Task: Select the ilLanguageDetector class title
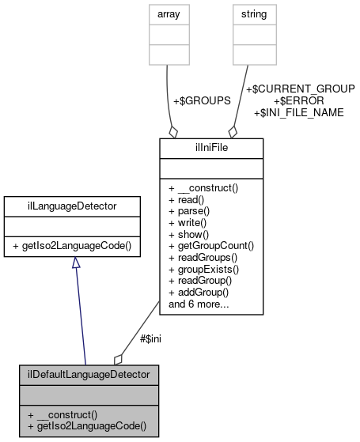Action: pyautogui.click(x=72, y=206)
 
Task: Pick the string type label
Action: pyautogui.click(x=253, y=13)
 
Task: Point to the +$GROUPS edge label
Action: pyautogui.click(x=202, y=101)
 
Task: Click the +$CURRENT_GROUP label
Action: pyautogui.click(x=300, y=89)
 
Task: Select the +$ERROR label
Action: pyautogui.click(x=298, y=101)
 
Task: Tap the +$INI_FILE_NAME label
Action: pyautogui.click(x=298, y=113)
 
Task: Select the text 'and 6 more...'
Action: pyautogui.click(x=199, y=304)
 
